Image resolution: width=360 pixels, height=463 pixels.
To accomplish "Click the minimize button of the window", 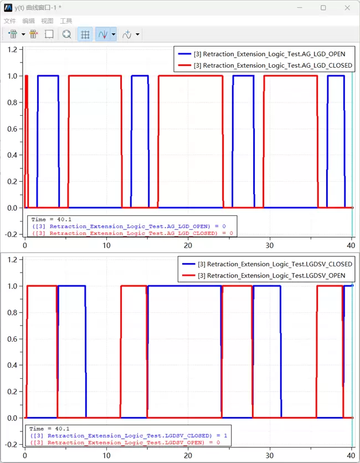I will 300,8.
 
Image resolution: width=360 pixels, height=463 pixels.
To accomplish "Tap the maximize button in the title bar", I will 323,8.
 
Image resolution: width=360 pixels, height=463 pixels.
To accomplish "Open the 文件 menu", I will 10,20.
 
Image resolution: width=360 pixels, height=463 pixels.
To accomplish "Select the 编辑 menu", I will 28,20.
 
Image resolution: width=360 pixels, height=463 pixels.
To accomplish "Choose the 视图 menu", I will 47,20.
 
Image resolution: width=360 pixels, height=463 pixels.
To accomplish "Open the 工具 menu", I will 66,20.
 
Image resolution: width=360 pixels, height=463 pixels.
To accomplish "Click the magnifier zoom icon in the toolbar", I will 66,34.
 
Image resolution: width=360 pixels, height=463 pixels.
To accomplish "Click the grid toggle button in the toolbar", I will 85,34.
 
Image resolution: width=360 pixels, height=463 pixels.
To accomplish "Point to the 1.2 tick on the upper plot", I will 12,49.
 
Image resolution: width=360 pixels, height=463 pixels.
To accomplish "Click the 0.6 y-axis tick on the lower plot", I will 12,339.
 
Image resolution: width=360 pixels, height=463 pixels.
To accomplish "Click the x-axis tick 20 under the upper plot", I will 188,246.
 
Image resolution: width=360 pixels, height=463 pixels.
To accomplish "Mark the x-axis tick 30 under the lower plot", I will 270,456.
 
